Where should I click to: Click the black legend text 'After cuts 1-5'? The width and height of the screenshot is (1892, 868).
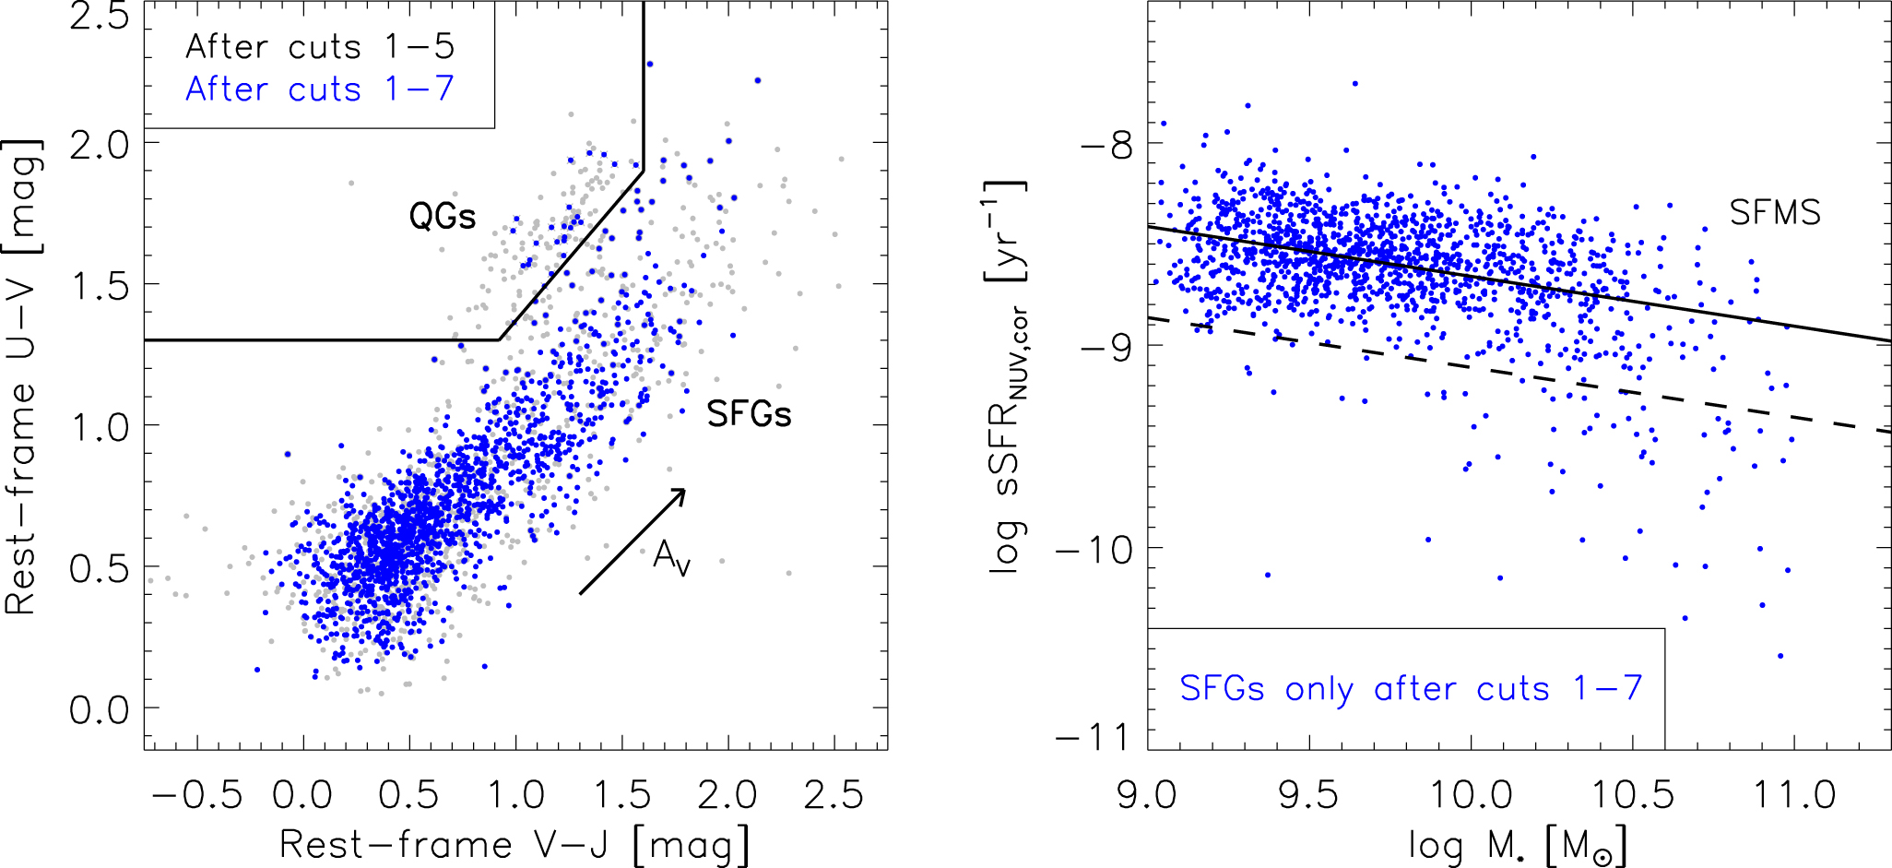point(320,47)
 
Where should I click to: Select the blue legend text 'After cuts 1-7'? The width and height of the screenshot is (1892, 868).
point(320,89)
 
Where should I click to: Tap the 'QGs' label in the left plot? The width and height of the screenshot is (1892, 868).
point(443,217)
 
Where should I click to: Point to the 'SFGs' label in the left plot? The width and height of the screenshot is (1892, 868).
point(749,414)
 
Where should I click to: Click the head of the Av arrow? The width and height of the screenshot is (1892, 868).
point(683,491)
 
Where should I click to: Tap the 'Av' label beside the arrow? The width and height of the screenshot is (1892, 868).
point(671,557)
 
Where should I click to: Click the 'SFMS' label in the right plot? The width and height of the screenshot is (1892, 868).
point(1775,213)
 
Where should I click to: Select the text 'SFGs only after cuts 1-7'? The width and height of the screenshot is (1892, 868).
point(1411,688)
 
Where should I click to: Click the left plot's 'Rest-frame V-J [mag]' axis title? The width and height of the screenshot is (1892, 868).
point(514,845)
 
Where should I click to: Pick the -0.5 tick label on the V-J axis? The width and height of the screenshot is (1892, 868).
point(196,795)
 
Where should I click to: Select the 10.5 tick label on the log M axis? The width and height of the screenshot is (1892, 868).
point(1633,795)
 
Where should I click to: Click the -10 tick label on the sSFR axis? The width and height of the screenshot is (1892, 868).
point(1094,551)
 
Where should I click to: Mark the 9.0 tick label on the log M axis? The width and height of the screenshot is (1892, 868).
point(1147,795)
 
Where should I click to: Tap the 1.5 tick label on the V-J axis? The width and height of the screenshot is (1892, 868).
point(621,795)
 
